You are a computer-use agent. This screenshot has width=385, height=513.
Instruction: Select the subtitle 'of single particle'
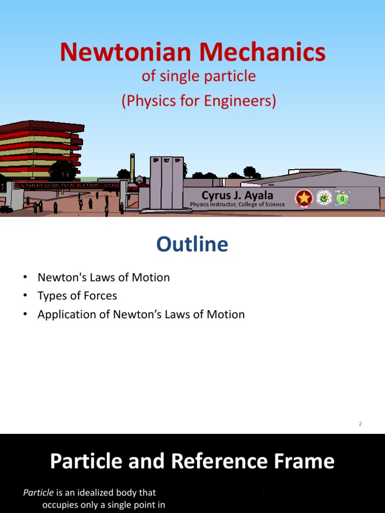[x=199, y=76]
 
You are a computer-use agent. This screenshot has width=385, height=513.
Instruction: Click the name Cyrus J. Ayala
[x=237, y=195]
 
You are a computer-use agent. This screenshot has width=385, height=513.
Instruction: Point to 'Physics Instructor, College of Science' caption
[x=237, y=204]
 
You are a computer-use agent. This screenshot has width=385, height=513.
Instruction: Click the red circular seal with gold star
[x=303, y=198]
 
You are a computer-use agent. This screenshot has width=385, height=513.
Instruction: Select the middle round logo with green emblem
[x=324, y=198]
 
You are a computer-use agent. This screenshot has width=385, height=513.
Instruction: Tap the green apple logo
[x=342, y=198]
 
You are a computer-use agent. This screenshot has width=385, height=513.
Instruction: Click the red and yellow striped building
[x=40, y=148]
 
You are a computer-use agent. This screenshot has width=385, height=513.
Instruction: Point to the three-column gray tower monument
[x=167, y=183]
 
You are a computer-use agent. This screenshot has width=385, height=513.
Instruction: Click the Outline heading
[x=192, y=244]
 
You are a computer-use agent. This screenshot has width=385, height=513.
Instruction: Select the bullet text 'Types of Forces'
[x=77, y=296]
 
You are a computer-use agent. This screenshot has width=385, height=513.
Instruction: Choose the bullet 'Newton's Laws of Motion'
[x=103, y=277]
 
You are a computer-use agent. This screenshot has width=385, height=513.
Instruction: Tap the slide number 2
[x=360, y=424]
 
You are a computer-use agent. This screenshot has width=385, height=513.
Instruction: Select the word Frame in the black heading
[x=306, y=461]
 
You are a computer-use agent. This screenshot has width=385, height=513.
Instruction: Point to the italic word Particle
[x=38, y=492]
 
